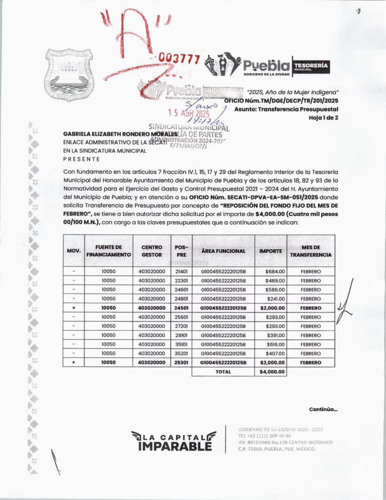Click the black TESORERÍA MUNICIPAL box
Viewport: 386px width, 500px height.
click(x=311, y=66)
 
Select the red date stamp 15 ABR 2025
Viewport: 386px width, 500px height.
click(x=189, y=114)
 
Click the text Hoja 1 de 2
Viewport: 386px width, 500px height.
click(x=323, y=118)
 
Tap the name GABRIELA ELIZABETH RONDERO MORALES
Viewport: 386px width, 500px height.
click(x=120, y=134)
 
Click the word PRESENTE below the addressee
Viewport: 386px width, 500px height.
click(x=81, y=159)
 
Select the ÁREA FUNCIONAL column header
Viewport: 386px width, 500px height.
click(x=223, y=251)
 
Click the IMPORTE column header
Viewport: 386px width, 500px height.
click(x=271, y=251)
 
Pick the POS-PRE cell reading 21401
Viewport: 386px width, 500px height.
click(x=181, y=272)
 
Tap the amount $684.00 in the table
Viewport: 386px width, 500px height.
click(x=275, y=272)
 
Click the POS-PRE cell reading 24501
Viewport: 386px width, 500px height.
click(x=181, y=308)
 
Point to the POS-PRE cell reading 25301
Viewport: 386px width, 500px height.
click(x=181, y=363)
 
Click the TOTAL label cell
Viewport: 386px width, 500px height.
click(x=223, y=372)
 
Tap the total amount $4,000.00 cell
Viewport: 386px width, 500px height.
click(x=272, y=372)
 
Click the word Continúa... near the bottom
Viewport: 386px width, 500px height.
click(x=323, y=409)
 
